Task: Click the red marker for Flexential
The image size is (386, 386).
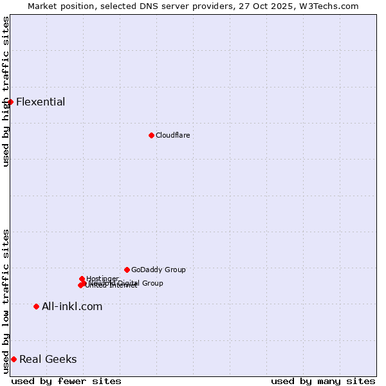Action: pos(10,102)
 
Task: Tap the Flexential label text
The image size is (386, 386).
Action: pos(41,102)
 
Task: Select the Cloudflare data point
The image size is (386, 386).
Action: pos(151,135)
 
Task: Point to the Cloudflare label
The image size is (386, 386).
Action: pos(172,135)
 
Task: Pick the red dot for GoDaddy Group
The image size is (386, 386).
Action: pos(127,270)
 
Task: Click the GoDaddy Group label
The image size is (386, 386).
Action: pos(158,270)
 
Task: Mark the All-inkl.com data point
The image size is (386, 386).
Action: pos(36,306)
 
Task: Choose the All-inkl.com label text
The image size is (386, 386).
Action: pos(72,306)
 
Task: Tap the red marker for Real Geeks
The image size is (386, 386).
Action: pos(14,359)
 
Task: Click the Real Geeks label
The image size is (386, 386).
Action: pos(48,359)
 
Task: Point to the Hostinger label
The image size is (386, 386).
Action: pos(103,279)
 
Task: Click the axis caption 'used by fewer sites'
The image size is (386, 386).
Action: pos(66,381)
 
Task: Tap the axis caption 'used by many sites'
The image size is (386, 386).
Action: pos(323,381)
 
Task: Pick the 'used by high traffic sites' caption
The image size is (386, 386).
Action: pos(6,91)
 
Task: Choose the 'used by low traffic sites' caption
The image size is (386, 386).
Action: pos(6,301)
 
